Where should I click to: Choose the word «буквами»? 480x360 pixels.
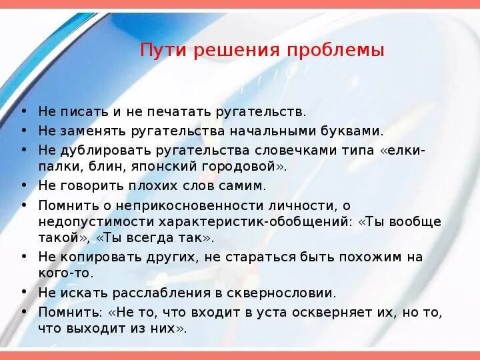click(354, 131)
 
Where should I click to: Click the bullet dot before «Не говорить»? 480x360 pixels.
click(25, 186)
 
